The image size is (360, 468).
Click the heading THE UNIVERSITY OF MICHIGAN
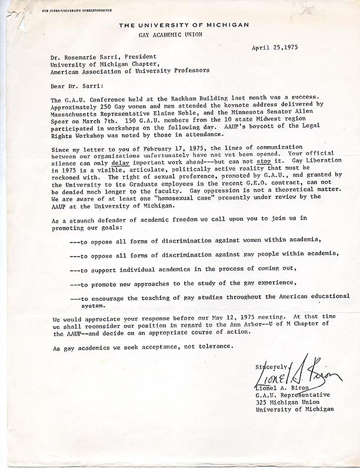point(184,24)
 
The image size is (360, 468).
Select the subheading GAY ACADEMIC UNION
point(184,35)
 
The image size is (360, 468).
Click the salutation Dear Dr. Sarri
point(72,84)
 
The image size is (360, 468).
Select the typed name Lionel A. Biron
point(284,387)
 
